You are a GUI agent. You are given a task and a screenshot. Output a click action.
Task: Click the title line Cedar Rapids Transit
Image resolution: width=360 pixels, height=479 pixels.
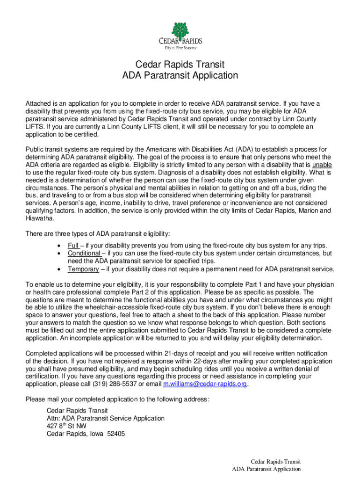pos(180,64)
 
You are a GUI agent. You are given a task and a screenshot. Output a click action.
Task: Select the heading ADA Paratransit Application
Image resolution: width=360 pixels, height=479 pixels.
pos(180,76)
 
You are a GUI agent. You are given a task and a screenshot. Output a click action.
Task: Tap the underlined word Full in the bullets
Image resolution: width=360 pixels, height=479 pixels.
pos(73,246)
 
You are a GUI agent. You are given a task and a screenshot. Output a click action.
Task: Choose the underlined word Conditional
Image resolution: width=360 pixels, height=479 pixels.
pos(84,253)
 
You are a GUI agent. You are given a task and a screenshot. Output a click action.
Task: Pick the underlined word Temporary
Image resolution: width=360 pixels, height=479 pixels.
pos(83,269)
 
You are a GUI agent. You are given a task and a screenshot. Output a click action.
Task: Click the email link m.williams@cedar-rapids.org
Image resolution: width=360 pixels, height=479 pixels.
pos(205,384)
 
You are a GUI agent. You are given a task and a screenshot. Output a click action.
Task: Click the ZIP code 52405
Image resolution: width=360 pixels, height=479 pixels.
pos(115,433)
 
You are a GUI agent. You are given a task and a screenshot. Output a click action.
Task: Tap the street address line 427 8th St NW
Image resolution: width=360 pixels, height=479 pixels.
pos(66,426)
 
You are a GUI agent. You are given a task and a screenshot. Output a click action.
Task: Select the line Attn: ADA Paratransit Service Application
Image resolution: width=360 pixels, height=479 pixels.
pos(106,418)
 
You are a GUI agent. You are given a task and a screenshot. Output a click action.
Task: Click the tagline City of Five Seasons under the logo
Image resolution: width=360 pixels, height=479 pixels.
pos(180,48)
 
